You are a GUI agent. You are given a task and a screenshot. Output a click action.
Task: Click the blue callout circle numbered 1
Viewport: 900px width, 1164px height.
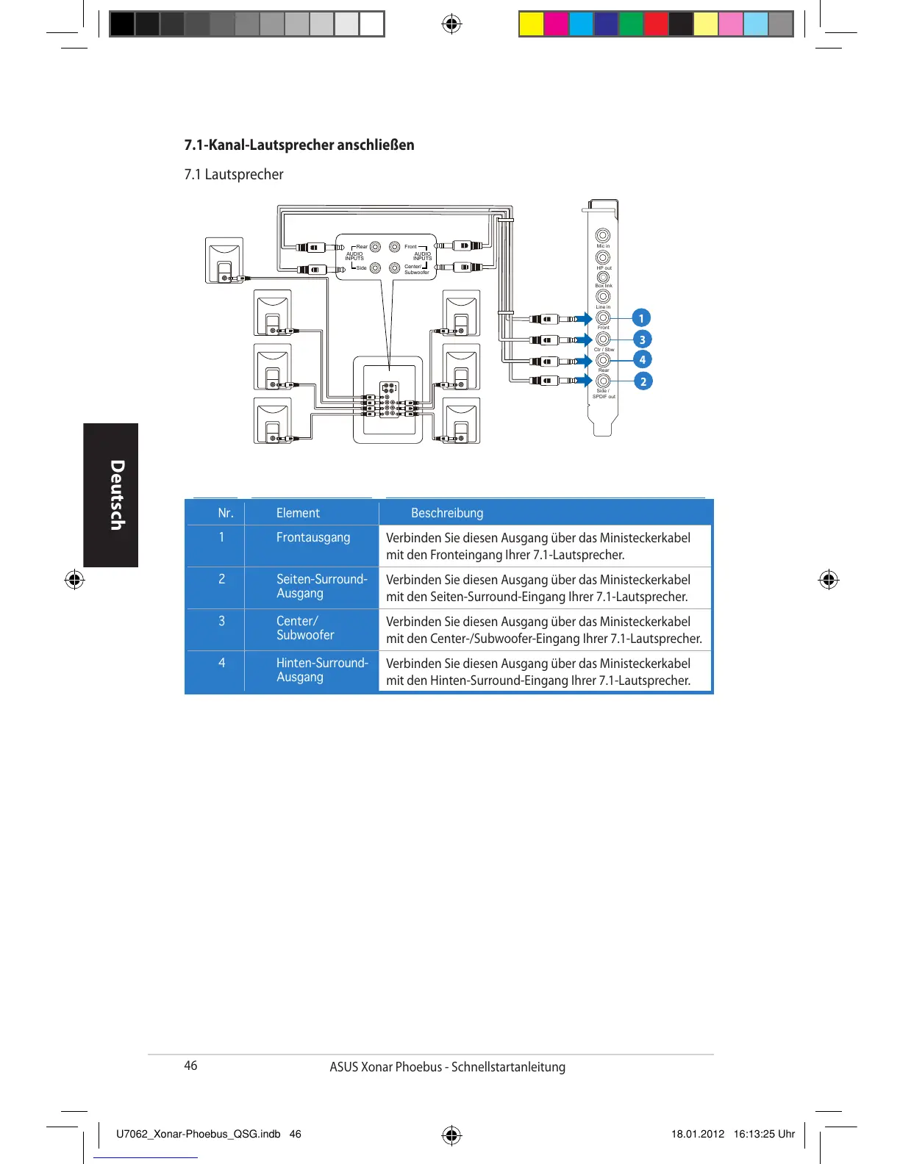(641, 318)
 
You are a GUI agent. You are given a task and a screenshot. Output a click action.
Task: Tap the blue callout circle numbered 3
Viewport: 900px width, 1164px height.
(642, 339)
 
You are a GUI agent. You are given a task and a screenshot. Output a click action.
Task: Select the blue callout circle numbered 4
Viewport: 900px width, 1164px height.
(643, 359)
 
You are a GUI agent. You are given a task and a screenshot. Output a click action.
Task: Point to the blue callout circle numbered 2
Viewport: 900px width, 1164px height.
(643, 381)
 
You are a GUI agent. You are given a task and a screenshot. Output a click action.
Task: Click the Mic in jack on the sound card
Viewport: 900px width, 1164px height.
(603, 236)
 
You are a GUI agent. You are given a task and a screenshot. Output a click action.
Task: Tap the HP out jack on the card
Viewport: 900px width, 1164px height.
(603, 257)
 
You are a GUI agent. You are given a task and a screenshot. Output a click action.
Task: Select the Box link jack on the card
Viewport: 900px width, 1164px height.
(603, 277)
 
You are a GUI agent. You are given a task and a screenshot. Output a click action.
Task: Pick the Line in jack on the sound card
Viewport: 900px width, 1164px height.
(603, 297)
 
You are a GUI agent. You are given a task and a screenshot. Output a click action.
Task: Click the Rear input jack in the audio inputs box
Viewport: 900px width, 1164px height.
(376, 247)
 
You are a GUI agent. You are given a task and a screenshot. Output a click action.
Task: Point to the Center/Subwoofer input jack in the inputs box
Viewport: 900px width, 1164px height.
(395, 268)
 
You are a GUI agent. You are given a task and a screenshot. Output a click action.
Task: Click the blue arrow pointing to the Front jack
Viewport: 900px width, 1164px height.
(585, 318)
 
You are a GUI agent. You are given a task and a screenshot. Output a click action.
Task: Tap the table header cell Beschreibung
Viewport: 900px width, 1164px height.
(447, 513)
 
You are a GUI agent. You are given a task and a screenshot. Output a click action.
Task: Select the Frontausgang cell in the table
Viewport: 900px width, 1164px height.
(313, 537)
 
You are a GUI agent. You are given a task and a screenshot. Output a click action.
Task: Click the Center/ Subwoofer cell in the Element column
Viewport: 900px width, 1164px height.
(305, 628)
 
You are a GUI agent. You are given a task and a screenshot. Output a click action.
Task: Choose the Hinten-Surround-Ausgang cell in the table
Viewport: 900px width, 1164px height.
(322, 669)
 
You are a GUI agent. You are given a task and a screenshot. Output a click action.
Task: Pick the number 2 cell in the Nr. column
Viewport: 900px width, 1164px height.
(221, 579)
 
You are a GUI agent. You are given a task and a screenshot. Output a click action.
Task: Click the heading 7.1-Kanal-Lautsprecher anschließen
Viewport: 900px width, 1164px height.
(299, 145)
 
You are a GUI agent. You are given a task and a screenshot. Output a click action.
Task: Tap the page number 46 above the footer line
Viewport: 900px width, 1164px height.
(190, 1066)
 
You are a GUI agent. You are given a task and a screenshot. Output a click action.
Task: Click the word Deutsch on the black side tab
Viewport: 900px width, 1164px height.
(115, 495)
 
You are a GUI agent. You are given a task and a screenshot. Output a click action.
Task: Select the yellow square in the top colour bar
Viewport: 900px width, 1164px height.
(531, 24)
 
